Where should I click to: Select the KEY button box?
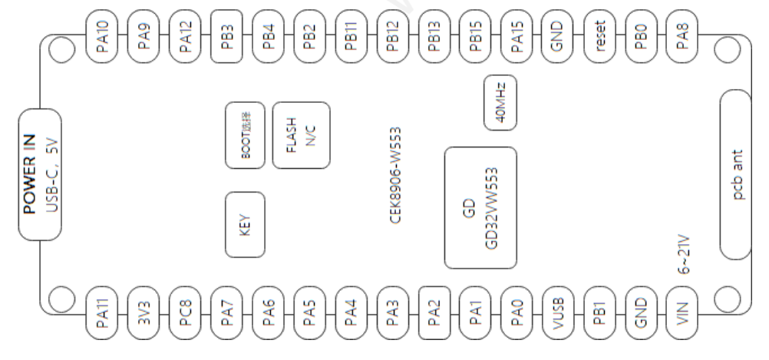point(245,226)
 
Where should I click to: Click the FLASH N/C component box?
point(302,136)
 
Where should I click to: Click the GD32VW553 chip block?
point(480,207)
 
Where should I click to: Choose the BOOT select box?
point(245,136)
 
